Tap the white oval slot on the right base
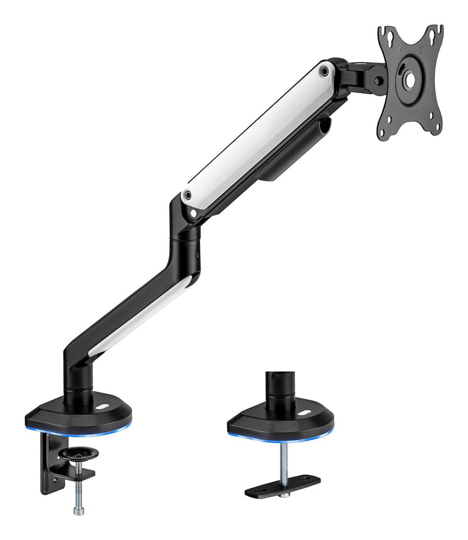303,413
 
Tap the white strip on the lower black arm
139,312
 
